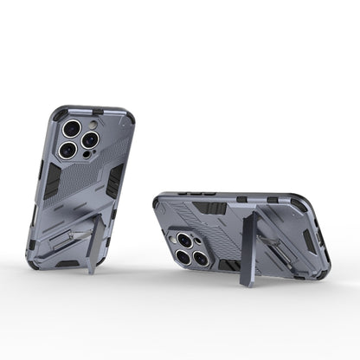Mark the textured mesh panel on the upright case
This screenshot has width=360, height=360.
point(110,138)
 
